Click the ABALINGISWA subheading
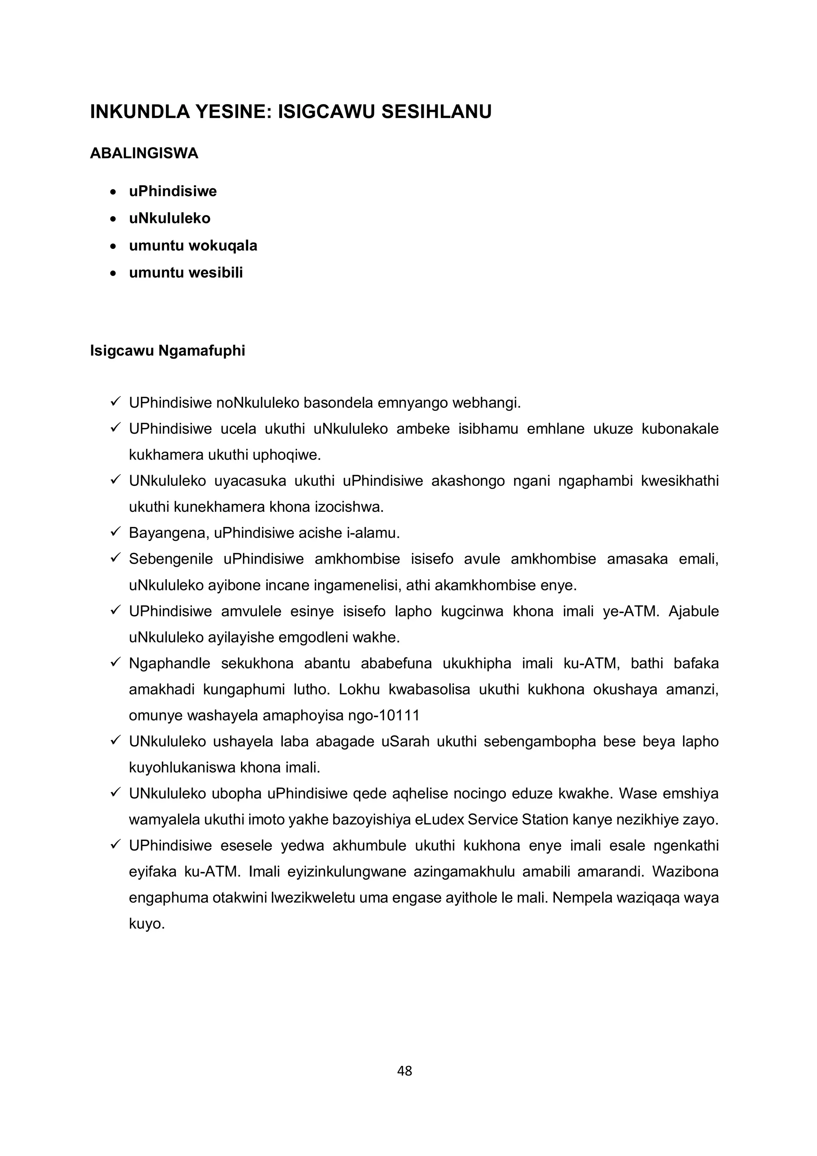coord(144,154)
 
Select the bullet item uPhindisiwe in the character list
coord(173,191)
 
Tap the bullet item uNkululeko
coord(170,219)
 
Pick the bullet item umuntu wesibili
coord(186,273)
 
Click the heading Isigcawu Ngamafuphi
coord(168,351)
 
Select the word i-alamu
coord(373,533)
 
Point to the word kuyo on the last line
coord(146,924)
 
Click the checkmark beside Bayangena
coord(115,532)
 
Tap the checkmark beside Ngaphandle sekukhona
coord(115,663)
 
